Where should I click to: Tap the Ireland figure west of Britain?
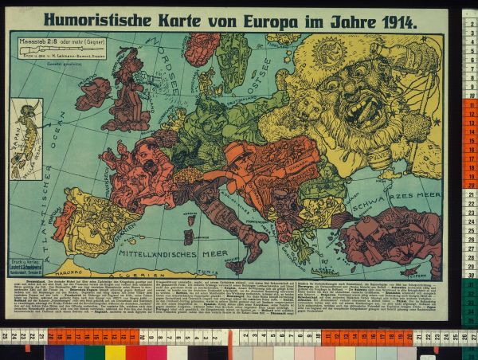point(93,92)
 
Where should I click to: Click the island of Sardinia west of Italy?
point(189,237)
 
